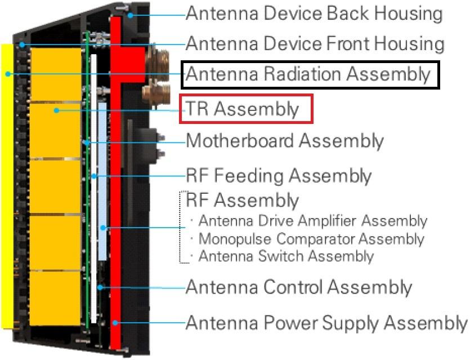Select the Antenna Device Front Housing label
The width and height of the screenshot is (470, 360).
pyautogui.click(x=315, y=43)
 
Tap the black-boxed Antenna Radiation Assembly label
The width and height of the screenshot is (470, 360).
pyautogui.click(x=308, y=74)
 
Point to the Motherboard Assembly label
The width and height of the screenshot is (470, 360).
pyautogui.click(x=284, y=140)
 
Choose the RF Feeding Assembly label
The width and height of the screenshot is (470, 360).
pyautogui.click(x=278, y=176)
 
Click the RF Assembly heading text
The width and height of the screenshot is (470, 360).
pyautogui.click(x=242, y=200)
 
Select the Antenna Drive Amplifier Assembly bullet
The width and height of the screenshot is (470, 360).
pyautogui.click(x=312, y=220)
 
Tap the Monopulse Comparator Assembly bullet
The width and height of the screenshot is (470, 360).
pyautogui.click(x=311, y=238)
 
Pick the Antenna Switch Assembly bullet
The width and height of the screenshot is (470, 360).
pyautogui.click(x=286, y=256)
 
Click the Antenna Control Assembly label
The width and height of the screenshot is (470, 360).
pyautogui.click(x=298, y=287)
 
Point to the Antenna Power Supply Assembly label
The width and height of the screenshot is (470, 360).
pyautogui.click(x=326, y=323)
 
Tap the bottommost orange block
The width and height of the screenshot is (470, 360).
pyautogui.click(x=55, y=297)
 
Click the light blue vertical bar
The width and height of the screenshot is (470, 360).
pyautogui.click(x=102, y=180)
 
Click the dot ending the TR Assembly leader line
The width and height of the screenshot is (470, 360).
pyautogui.click(x=56, y=110)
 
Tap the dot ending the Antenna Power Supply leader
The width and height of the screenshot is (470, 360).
pyautogui.click(x=115, y=323)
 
